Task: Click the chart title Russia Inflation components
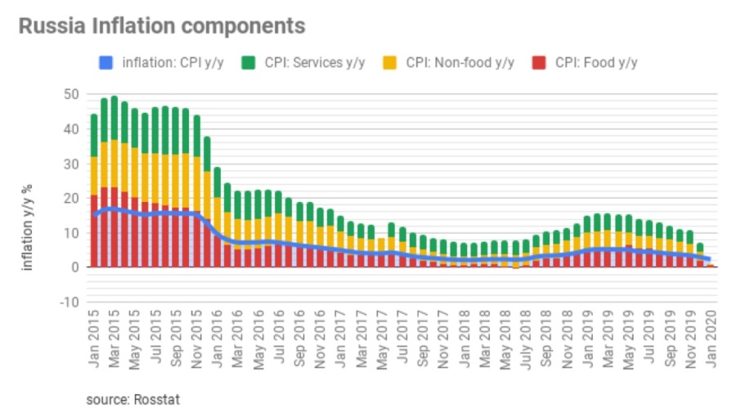click(162, 26)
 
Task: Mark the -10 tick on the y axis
click(70, 303)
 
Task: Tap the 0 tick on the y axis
click(74, 267)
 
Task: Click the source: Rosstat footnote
click(133, 400)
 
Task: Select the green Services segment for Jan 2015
click(95, 135)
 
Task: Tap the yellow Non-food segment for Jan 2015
click(95, 176)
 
